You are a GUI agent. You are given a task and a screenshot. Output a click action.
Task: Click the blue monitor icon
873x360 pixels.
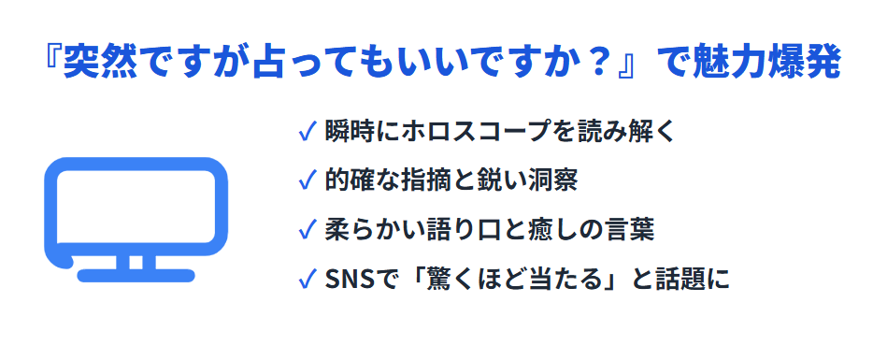click(136, 216)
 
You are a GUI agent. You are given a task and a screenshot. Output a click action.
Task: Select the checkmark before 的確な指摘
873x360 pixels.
click(305, 180)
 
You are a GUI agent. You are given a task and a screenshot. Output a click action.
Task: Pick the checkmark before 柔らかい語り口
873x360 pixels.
click(305, 229)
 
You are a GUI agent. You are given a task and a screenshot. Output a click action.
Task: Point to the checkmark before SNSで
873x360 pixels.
click(305, 279)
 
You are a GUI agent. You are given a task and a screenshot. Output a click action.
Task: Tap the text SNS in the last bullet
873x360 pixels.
click(348, 279)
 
